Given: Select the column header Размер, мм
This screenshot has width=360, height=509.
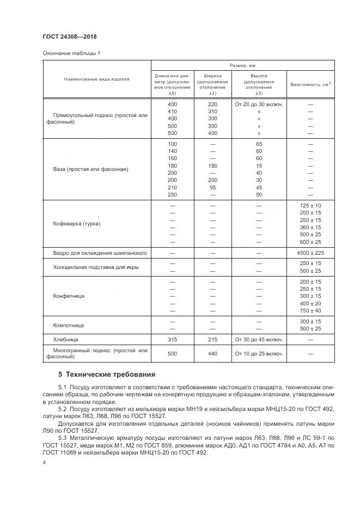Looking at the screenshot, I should point(243,65).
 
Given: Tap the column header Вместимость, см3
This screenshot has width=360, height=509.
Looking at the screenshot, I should point(311,84).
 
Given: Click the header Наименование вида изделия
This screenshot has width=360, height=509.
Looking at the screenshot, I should point(97,79).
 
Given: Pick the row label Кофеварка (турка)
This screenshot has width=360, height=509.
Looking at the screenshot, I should point(77,224).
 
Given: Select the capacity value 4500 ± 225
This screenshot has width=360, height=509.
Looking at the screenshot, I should point(311,253).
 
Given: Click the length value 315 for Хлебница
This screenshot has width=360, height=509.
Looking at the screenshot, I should point(172,339).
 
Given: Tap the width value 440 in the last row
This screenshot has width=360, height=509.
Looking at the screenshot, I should point(212,353).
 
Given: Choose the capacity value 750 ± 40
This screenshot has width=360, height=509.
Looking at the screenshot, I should point(311,310).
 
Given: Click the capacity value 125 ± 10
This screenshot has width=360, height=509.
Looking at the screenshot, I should point(311,205).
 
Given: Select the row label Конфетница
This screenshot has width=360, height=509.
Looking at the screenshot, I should point(69,296).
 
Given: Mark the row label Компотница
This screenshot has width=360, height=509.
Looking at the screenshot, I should point(69,325).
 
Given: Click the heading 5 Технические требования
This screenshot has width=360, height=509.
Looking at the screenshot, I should point(107,375).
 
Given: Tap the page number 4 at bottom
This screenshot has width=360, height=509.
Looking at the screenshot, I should point(44,463).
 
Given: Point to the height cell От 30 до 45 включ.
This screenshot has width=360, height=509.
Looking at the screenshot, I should point(259,339).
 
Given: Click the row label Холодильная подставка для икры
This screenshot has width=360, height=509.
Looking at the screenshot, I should point(96,267).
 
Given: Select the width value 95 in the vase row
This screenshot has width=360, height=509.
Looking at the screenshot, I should point(212,187).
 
